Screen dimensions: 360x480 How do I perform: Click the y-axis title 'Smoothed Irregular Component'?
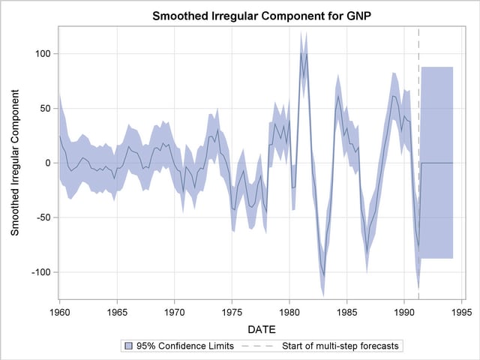(x=16, y=163)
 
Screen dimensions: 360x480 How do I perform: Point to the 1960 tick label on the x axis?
(x=60, y=310)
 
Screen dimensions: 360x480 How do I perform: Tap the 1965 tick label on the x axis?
(x=117, y=310)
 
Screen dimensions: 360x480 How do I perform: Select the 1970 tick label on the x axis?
(x=175, y=310)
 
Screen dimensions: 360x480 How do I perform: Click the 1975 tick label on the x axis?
(x=232, y=310)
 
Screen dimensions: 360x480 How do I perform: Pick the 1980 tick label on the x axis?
(x=289, y=310)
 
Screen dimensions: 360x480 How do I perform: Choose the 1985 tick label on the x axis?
(x=346, y=310)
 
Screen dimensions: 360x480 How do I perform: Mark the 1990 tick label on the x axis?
(x=404, y=310)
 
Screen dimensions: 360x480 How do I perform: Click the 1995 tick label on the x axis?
(x=461, y=310)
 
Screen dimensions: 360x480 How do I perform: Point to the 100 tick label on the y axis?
(x=41, y=54)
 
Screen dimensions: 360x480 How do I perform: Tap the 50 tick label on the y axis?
(x=44, y=108)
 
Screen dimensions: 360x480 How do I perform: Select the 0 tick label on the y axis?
(x=47, y=163)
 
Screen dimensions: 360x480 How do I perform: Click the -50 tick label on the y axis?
(x=43, y=217)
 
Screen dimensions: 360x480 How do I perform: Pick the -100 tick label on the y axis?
(x=40, y=271)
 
